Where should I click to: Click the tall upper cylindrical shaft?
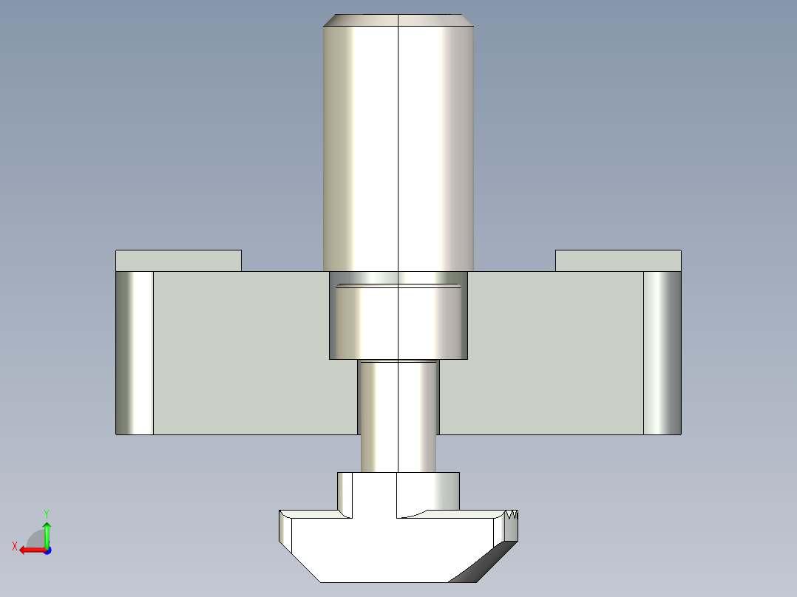coord(398,148)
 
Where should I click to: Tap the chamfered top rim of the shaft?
coord(398,21)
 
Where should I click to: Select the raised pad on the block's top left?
coord(178,261)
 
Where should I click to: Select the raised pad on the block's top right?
coord(618,261)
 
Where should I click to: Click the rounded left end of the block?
coord(134,352)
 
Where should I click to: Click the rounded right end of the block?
coord(662,352)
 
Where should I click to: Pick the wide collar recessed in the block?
coord(398,321)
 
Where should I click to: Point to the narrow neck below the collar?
coord(398,414)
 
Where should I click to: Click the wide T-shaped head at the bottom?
coord(384,547)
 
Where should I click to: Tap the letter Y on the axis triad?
coord(46,513)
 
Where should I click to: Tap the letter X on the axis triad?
coord(14,546)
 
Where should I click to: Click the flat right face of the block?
coord(554,352)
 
